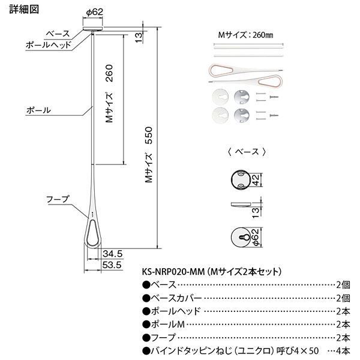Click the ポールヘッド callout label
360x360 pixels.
click(x=49, y=44)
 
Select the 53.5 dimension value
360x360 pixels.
click(x=112, y=263)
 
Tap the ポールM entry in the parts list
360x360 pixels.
click(x=164, y=324)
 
